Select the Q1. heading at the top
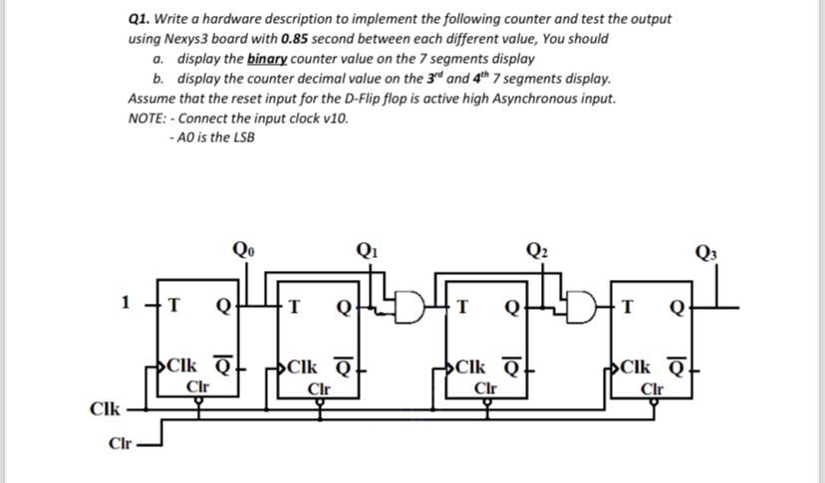[x=143, y=18]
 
